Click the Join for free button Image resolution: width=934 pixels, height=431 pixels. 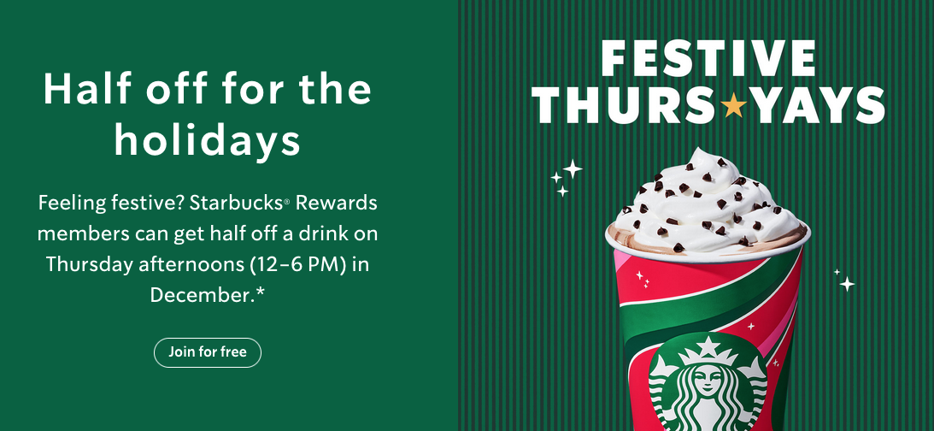pos(207,352)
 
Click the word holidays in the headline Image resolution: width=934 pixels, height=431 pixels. pos(207,141)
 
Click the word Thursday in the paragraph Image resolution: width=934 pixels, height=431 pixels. pos(89,264)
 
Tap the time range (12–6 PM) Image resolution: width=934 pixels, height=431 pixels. pos(296,264)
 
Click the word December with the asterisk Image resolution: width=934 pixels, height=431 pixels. pos(208,294)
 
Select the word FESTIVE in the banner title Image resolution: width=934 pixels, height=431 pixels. pos(708,57)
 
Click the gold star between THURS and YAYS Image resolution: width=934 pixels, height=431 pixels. pos(733,106)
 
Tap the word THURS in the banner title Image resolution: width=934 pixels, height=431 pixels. pos(626,106)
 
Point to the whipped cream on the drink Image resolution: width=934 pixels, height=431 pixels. pos(706,197)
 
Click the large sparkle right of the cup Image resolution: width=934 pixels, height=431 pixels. pos(846,283)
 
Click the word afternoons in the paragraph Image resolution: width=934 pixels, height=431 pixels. pos(189,264)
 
